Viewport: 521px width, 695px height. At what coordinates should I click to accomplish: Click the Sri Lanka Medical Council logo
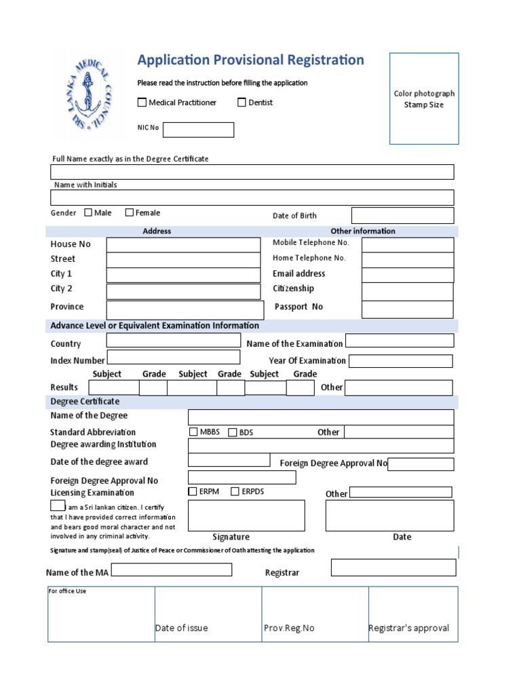(90, 94)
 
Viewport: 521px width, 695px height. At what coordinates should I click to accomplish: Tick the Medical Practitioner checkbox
(142, 102)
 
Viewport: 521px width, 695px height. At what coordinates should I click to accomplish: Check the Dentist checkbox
(242, 102)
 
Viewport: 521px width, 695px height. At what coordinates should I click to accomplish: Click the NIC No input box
(198, 130)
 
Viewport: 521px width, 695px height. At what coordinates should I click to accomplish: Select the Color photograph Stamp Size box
(424, 98)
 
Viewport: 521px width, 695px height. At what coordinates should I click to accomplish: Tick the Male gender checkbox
(88, 212)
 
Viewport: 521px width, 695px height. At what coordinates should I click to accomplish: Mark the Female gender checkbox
(130, 212)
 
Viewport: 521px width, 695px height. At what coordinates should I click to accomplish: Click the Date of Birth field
(402, 215)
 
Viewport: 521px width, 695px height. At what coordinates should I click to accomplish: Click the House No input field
(183, 244)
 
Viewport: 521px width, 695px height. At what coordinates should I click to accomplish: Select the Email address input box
(407, 274)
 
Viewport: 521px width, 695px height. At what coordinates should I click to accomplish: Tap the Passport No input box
(407, 309)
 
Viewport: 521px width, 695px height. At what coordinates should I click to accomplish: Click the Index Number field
(174, 358)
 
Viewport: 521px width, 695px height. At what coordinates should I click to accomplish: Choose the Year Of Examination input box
(400, 361)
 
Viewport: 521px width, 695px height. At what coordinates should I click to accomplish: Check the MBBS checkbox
(193, 432)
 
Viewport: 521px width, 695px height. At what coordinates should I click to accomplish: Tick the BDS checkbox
(233, 432)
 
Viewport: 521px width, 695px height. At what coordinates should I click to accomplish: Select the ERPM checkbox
(193, 491)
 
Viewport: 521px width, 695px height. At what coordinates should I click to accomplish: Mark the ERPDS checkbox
(235, 491)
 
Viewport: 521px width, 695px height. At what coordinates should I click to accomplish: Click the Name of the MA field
(171, 570)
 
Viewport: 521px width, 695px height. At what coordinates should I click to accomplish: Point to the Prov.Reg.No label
(289, 628)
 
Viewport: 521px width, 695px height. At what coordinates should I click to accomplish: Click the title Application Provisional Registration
(250, 60)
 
